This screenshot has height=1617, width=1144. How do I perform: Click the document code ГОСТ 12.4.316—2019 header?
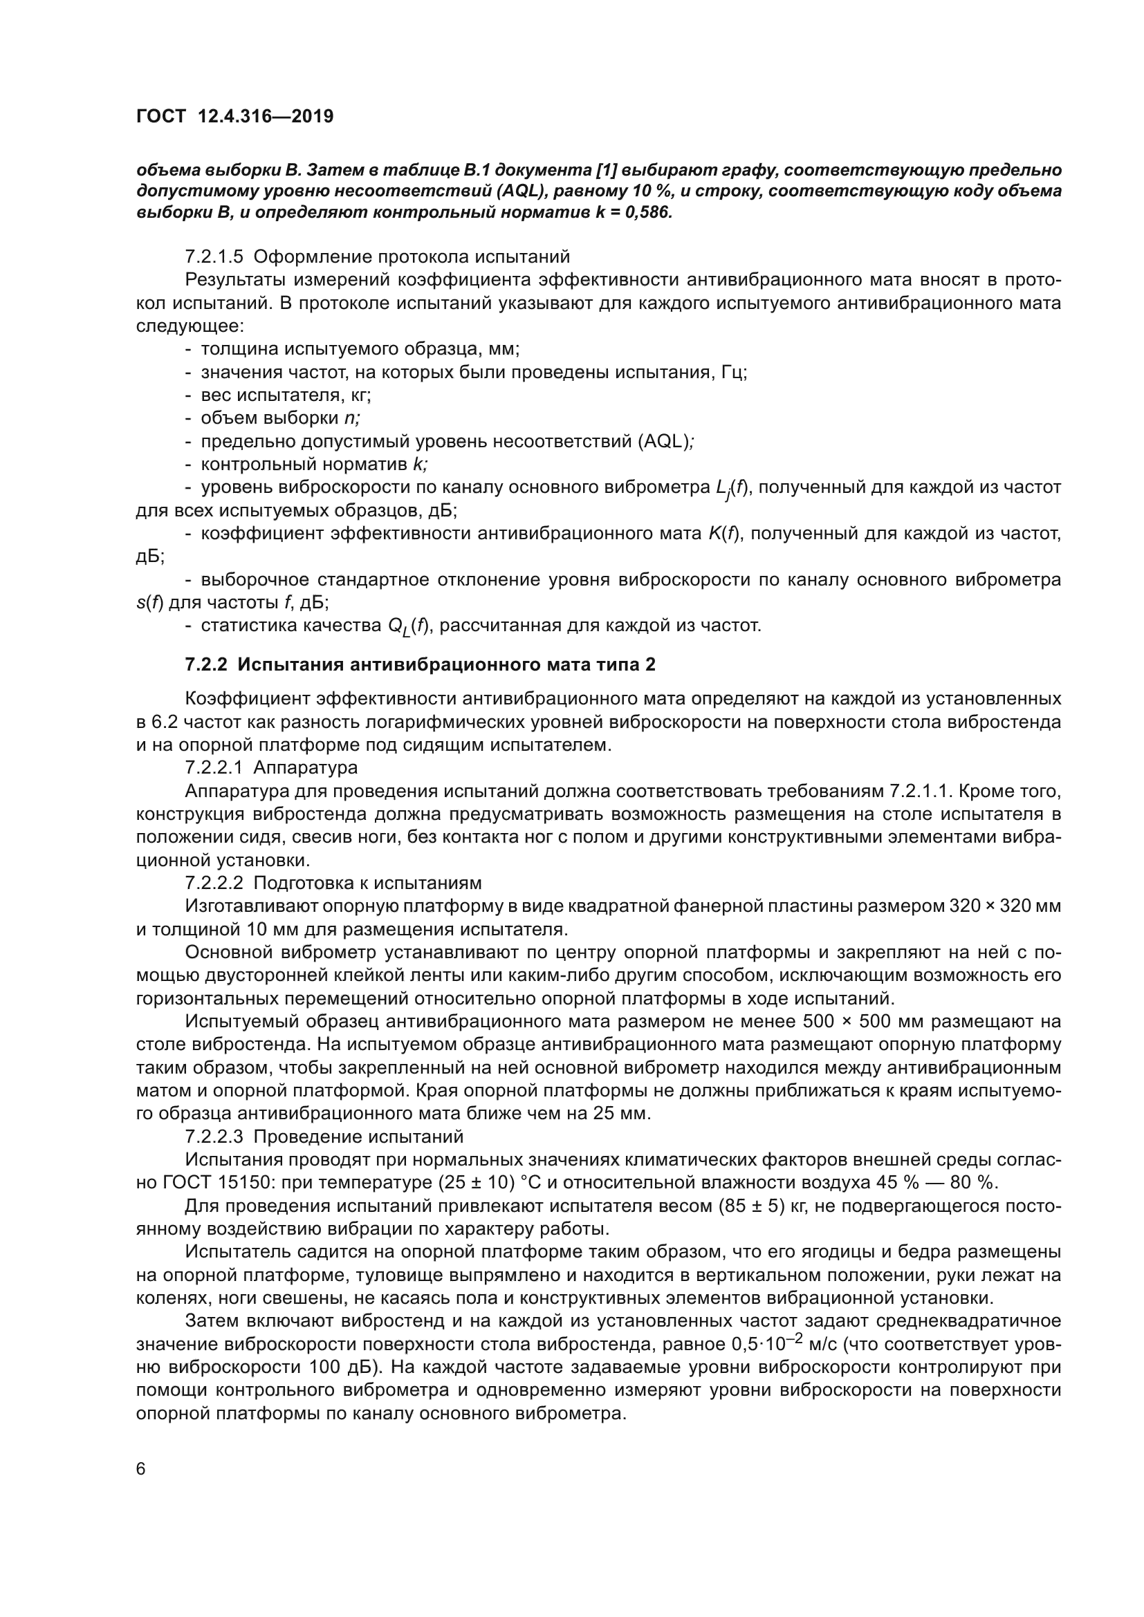[234, 116]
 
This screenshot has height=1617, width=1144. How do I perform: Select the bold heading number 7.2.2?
[206, 664]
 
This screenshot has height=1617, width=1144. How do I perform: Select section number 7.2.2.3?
[214, 1137]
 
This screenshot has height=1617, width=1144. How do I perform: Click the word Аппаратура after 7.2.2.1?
[305, 767]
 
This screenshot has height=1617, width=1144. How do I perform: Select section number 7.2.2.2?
[214, 883]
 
